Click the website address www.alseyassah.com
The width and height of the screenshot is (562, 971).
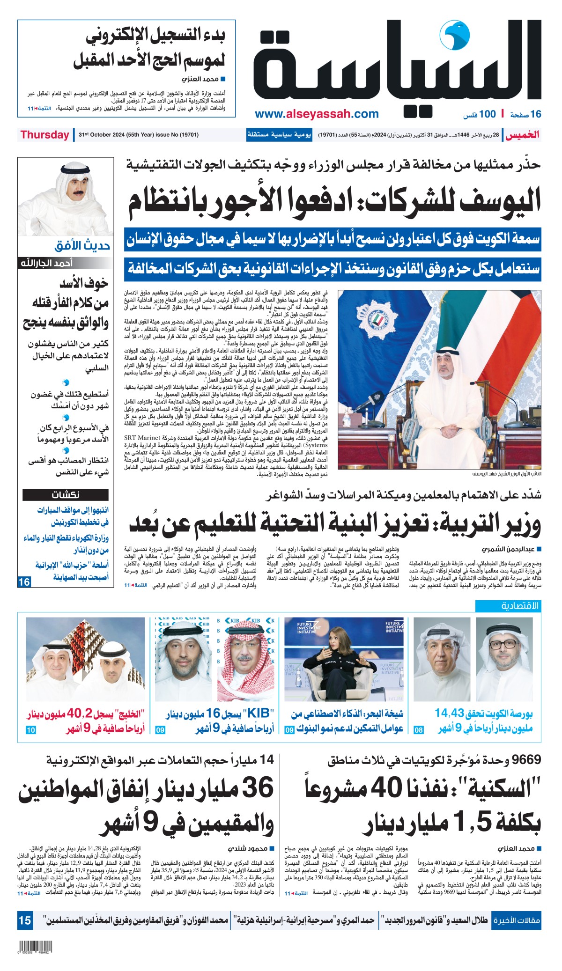(x=317, y=114)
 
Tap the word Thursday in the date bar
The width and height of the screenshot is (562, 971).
(x=44, y=135)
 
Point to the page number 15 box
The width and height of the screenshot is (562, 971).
(x=25, y=920)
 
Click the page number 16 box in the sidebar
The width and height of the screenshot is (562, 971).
(x=24, y=582)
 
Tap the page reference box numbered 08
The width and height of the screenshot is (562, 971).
(x=419, y=730)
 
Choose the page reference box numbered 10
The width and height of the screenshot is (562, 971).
(x=30, y=730)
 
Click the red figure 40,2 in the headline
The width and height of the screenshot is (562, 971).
(x=81, y=714)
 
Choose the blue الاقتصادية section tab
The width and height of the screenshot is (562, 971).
(x=508, y=606)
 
